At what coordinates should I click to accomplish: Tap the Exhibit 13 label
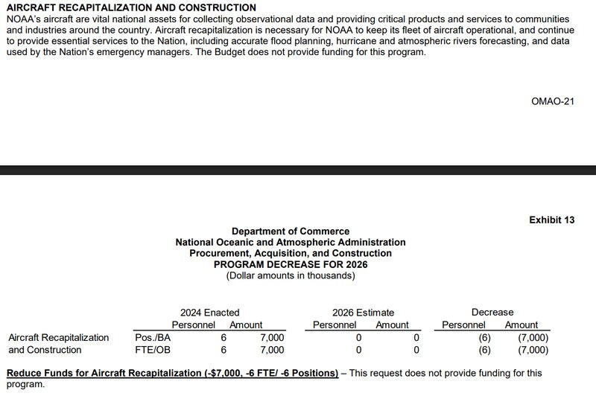(557, 220)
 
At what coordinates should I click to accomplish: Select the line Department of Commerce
(291, 231)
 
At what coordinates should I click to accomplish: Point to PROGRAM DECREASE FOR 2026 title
(291, 264)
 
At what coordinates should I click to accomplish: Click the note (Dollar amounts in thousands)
(291, 275)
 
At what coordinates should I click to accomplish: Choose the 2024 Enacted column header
(210, 313)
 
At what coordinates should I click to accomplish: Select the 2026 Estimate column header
(364, 313)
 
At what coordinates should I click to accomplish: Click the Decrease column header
(492, 313)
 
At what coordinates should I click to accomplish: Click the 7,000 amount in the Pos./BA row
(272, 337)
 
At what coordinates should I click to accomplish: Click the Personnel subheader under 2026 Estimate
(335, 325)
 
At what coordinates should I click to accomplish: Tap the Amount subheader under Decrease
(521, 325)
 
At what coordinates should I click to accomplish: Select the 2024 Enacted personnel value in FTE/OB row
(223, 349)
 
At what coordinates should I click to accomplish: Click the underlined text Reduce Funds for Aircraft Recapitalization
(172, 372)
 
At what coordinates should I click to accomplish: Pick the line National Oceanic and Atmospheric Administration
(291, 243)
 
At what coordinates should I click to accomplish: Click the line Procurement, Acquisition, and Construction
(291, 254)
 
